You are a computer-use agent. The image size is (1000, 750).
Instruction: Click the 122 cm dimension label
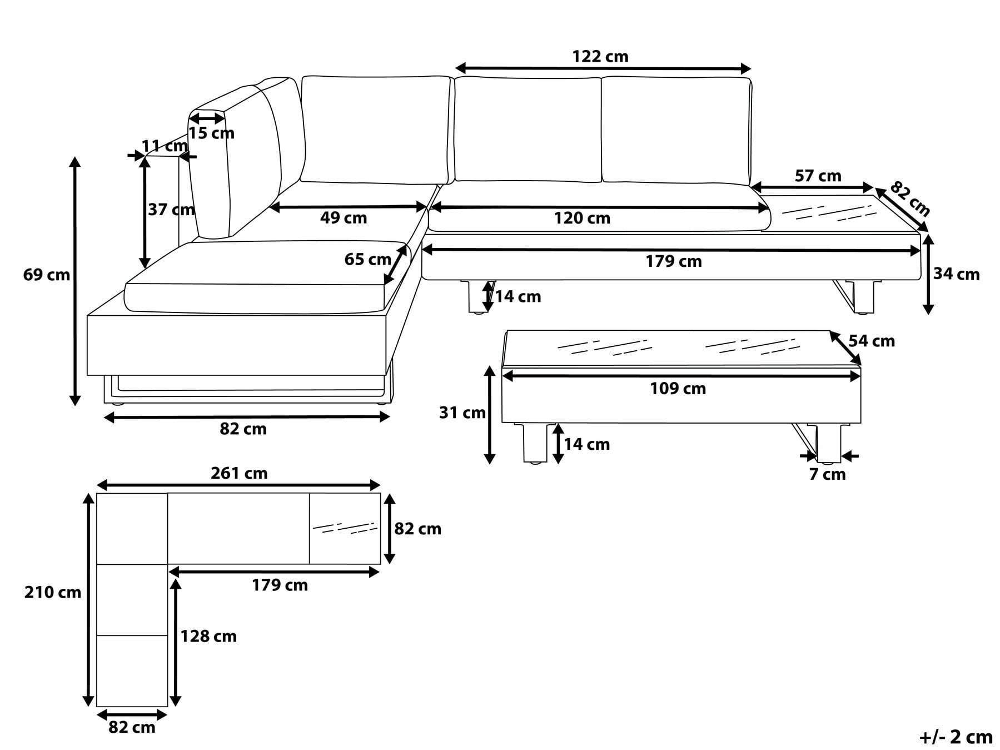point(600,57)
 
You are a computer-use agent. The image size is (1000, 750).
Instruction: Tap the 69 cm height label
point(47,275)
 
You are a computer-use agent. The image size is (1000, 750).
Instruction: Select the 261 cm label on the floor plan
point(239,473)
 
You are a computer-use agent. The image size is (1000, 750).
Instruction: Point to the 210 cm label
point(52,593)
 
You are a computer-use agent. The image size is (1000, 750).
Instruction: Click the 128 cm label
point(208,636)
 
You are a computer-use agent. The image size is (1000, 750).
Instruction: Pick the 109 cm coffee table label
point(678,389)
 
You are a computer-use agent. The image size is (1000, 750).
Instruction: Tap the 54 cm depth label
point(872,341)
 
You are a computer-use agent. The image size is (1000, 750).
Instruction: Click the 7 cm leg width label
point(828,474)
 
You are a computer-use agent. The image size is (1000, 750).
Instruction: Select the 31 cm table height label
point(462,413)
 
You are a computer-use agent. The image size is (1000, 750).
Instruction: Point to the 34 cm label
point(957,274)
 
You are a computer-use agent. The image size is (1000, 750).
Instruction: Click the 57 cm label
point(818,176)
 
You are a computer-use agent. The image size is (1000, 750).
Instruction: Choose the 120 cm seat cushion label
point(582,218)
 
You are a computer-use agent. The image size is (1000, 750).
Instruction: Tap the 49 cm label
point(344,218)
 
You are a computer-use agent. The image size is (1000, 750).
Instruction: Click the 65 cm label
point(367,259)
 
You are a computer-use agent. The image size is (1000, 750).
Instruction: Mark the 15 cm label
point(211,133)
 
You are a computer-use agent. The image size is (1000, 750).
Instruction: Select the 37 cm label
point(171,210)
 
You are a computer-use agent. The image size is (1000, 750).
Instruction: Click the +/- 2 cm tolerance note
point(956,737)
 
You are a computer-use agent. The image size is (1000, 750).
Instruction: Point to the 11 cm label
point(165,146)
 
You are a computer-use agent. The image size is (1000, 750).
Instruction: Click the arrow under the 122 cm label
point(603,69)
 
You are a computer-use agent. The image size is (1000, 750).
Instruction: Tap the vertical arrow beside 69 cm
point(75,281)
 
